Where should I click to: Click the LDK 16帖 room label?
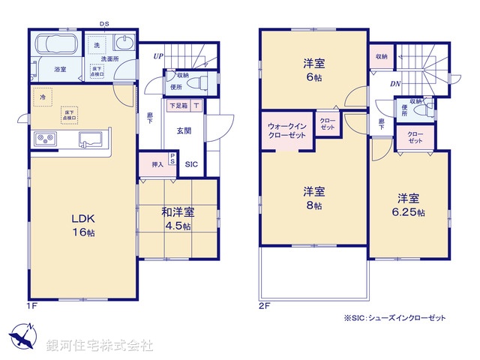click(x=82, y=225)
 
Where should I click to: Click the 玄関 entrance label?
click(x=184, y=130)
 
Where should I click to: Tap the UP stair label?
click(x=158, y=56)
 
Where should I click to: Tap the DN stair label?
click(x=394, y=84)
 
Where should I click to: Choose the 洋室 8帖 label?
click(x=313, y=197)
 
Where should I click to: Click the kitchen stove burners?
click(x=44, y=139)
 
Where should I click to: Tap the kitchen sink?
click(x=91, y=139)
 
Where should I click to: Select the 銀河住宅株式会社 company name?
click(x=99, y=346)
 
